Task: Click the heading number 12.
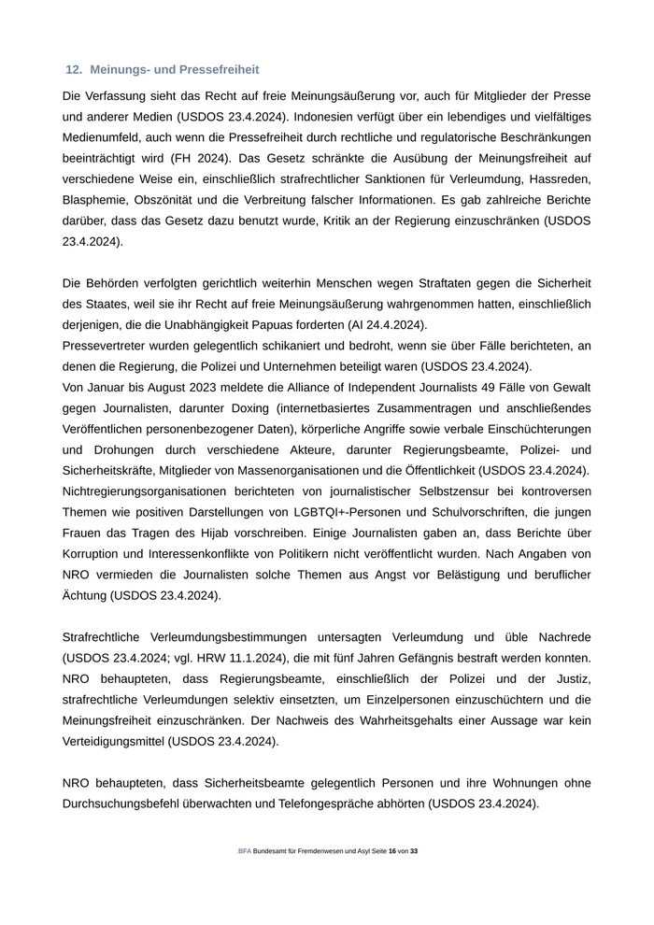click(x=74, y=70)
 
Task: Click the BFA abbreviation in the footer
click(x=244, y=852)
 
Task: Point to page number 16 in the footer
click(x=392, y=852)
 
